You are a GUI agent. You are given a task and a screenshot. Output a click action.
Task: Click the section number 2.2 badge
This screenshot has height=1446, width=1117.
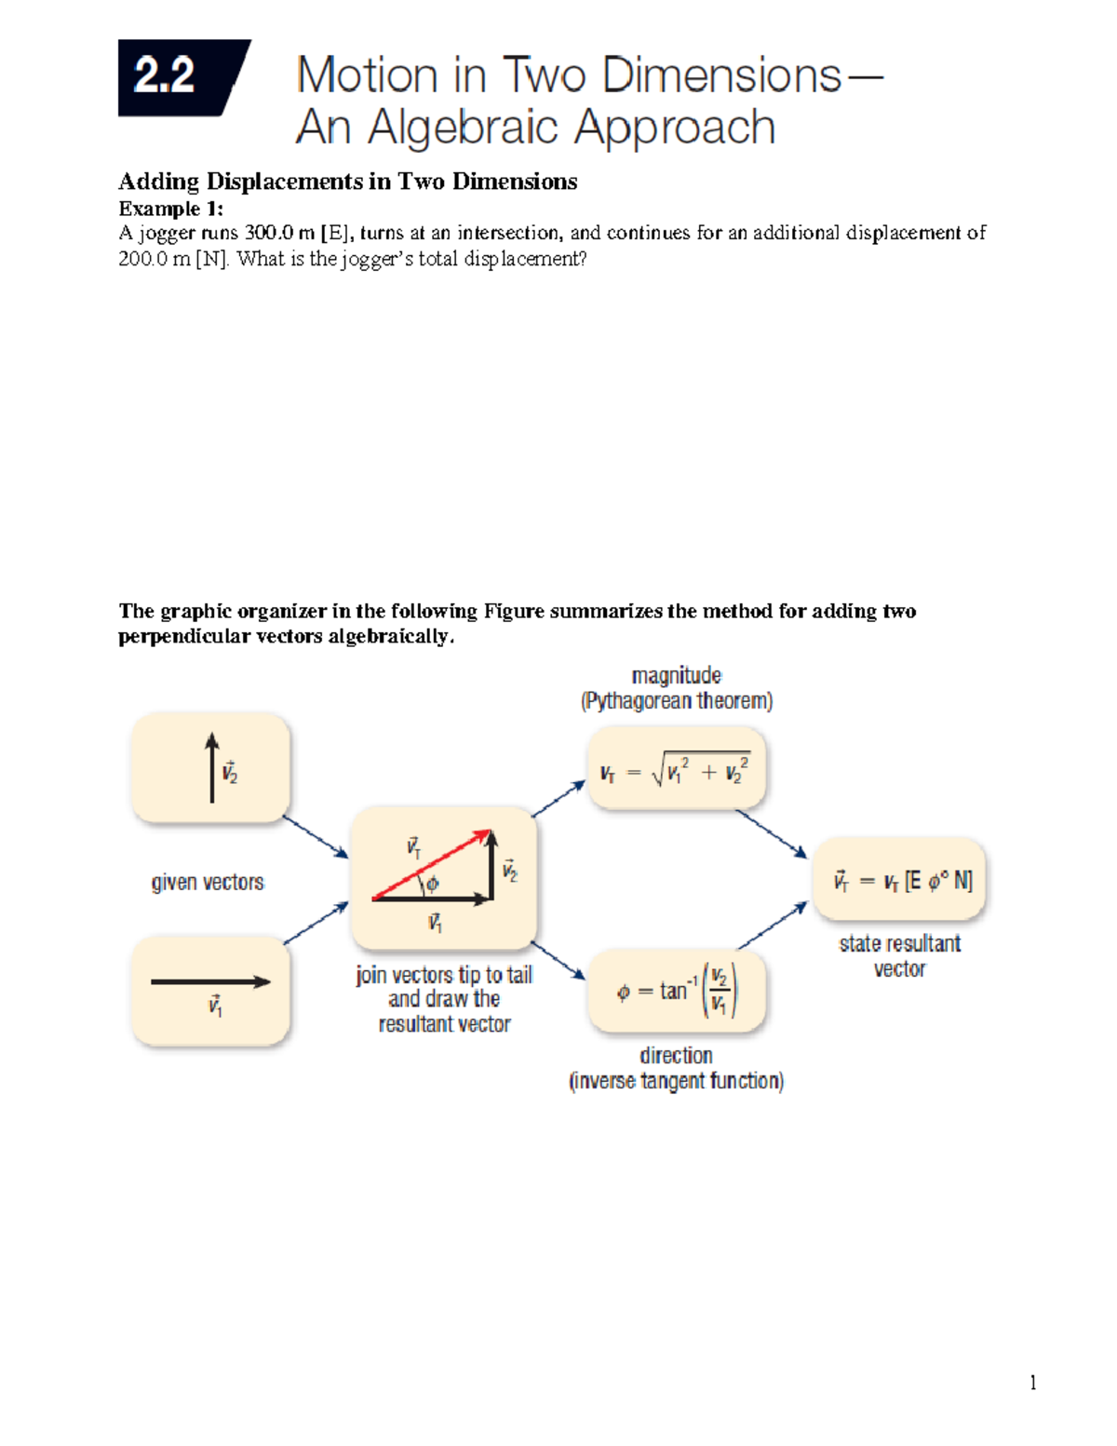(177, 77)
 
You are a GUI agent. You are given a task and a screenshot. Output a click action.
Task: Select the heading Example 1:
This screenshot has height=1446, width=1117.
(170, 208)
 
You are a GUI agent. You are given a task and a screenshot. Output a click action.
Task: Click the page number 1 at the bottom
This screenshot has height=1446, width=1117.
(1032, 1382)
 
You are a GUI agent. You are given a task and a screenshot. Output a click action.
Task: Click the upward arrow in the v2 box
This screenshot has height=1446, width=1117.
(212, 767)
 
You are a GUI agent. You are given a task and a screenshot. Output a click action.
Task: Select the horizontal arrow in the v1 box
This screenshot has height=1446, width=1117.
(210, 981)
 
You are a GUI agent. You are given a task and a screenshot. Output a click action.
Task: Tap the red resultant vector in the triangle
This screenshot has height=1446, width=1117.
(431, 865)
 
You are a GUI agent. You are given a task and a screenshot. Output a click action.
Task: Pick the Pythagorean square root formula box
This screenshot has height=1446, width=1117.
(676, 770)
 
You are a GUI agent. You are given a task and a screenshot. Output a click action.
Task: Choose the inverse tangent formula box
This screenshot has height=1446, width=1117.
(677, 991)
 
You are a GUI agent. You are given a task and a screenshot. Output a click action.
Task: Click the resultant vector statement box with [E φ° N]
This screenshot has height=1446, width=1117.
(899, 880)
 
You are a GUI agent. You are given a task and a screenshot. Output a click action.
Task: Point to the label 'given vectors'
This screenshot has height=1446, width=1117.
(208, 882)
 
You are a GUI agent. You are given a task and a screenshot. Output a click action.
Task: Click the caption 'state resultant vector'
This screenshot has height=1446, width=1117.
(899, 956)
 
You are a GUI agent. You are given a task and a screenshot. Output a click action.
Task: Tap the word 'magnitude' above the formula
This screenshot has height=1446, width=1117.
(676, 675)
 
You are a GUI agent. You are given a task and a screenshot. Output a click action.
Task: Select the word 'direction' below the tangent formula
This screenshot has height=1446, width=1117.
(676, 1055)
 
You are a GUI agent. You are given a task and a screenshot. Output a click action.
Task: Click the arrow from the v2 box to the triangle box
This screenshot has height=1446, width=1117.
(316, 837)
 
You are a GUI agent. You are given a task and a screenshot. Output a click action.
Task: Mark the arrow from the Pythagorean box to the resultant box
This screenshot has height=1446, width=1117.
(772, 834)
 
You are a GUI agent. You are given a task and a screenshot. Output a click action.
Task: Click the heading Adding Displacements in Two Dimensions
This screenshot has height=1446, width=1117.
(347, 182)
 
